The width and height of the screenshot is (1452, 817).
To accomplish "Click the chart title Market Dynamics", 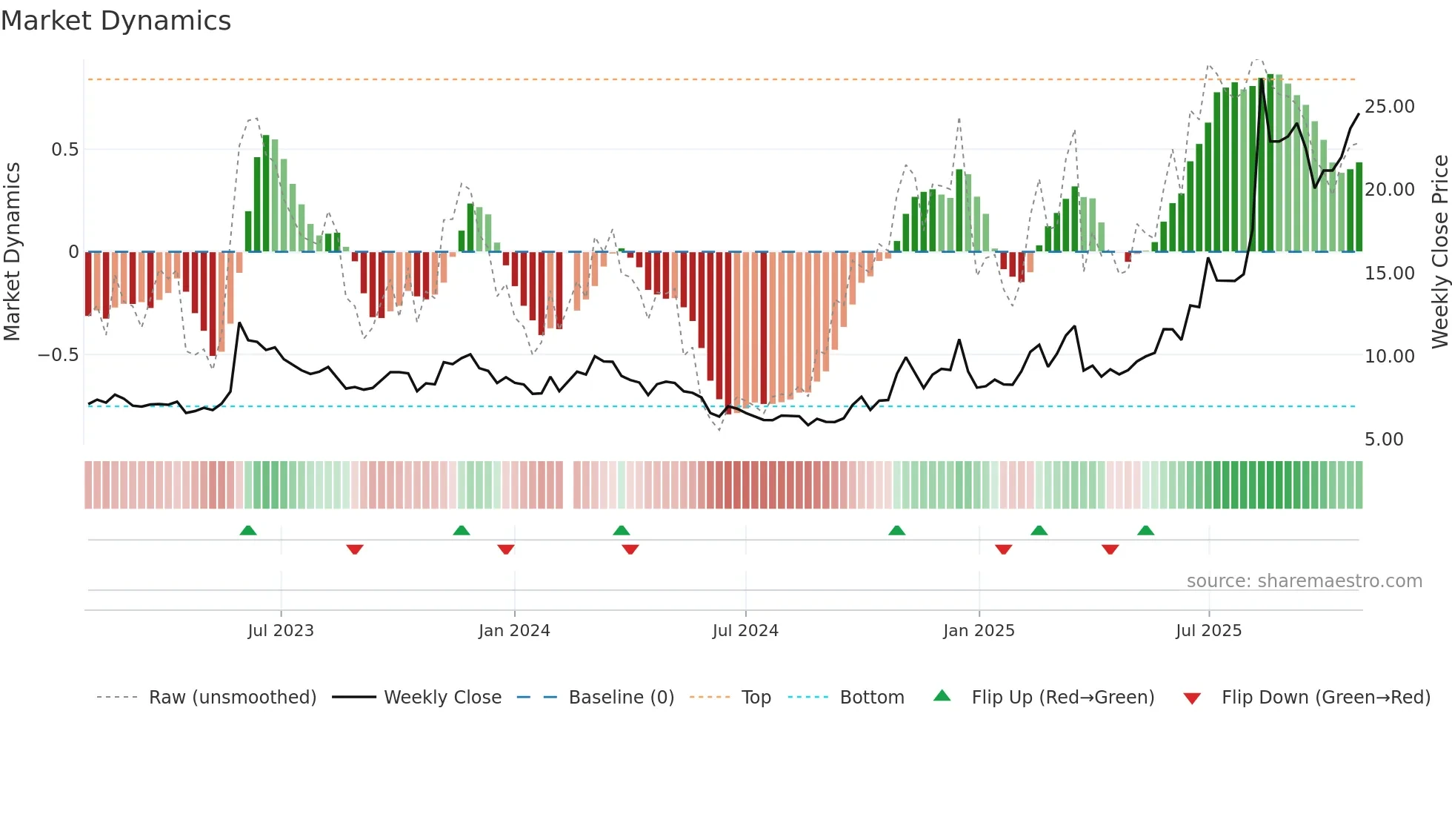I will click(116, 21).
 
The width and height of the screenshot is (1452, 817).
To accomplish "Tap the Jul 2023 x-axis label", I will click(281, 631).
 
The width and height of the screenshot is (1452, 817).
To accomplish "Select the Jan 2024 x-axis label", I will click(514, 631).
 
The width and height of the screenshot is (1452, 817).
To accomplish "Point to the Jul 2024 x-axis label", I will click(745, 631).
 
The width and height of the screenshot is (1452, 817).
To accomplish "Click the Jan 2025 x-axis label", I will click(979, 631).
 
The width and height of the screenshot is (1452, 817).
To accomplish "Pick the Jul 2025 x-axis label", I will click(1208, 631).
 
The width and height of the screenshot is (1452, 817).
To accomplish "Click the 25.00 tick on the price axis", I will click(1389, 107).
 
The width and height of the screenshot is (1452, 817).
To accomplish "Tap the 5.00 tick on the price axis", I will click(1384, 440).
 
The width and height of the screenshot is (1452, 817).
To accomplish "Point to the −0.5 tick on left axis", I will click(58, 355).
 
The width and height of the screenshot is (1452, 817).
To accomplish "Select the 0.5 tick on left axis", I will click(64, 150).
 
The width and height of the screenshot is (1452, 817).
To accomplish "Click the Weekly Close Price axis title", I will click(1439, 252).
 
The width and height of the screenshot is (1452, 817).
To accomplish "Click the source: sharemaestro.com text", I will click(1304, 581).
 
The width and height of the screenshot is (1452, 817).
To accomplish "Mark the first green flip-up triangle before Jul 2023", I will click(248, 530).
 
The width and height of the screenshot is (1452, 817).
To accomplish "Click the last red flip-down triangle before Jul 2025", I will click(1110, 549).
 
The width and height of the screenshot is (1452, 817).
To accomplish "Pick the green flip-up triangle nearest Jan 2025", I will click(1039, 530).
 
